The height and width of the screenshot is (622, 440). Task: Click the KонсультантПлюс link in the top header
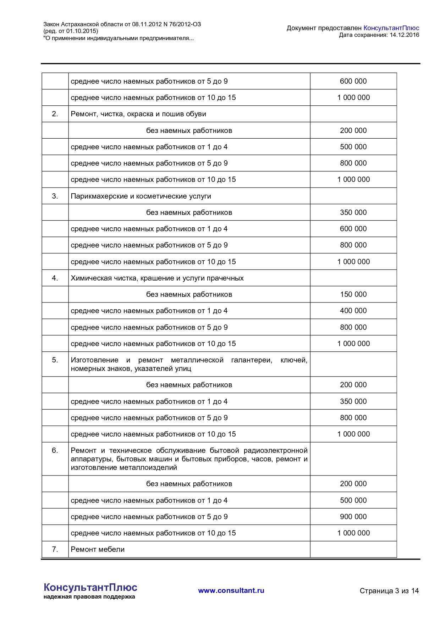pyautogui.click(x=391, y=28)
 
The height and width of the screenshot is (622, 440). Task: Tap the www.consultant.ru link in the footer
pyautogui.click(x=231, y=590)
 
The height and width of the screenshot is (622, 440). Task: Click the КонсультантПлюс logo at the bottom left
pyautogui.click(x=90, y=587)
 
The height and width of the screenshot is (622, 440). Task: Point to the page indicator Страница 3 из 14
pyautogui.click(x=389, y=591)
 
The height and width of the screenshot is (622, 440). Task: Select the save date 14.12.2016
pyautogui.click(x=405, y=35)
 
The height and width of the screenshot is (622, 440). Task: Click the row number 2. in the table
pyautogui.click(x=55, y=114)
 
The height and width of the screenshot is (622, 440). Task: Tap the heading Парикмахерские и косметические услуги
pyautogui.click(x=141, y=196)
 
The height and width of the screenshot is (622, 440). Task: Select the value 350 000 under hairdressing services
pyautogui.click(x=353, y=212)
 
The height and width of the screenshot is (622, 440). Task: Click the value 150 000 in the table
pyautogui.click(x=353, y=294)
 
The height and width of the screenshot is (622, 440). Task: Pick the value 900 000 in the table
pyautogui.click(x=353, y=517)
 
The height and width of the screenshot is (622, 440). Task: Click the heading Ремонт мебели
pyautogui.click(x=98, y=549)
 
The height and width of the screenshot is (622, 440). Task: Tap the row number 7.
pyautogui.click(x=55, y=549)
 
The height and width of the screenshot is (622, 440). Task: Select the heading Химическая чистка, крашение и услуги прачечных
pyautogui.click(x=157, y=278)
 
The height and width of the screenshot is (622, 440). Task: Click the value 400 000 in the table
pyautogui.click(x=353, y=311)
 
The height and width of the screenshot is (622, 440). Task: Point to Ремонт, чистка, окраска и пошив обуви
pyautogui.click(x=138, y=114)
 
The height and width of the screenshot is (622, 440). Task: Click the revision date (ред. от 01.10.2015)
pyautogui.click(x=71, y=31)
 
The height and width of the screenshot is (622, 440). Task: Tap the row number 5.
pyautogui.click(x=55, y=360)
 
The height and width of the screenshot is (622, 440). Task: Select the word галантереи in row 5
pyautogui.click(x=251, y=360)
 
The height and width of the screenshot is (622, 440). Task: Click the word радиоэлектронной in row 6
pyautogui.click(x=275, y=450)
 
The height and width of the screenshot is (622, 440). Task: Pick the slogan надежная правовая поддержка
pyautogui.click(x=89, y=597)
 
